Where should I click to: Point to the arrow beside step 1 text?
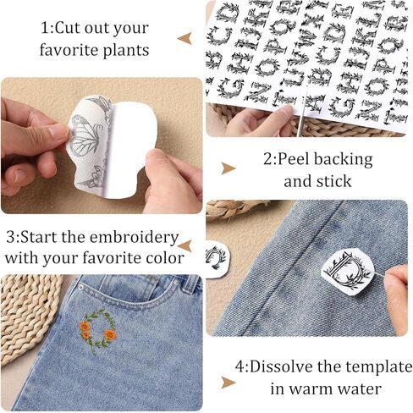(184, 38)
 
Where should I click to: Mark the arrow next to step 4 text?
(228, 382)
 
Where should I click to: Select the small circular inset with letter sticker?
(216, 255)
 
